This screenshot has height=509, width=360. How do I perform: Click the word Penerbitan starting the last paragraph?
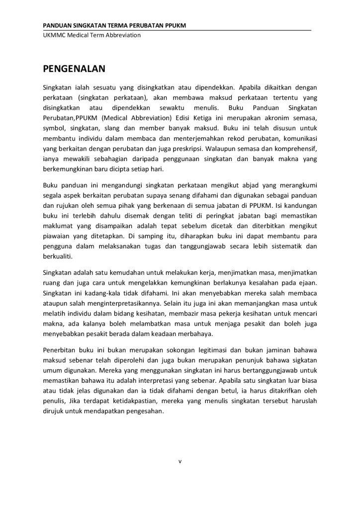[61, 351]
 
